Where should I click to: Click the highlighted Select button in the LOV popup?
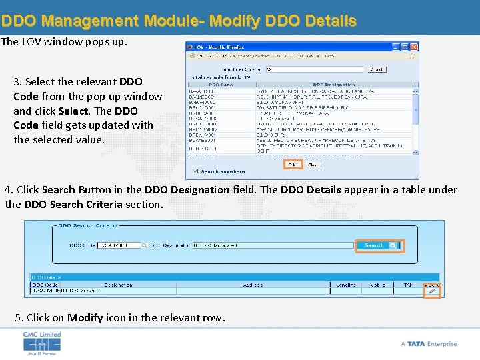tap(293, 164)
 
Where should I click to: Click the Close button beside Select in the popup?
tap(312, 164)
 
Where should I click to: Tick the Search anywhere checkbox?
tap(195, 171)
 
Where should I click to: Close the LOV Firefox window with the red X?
tap(414, 47)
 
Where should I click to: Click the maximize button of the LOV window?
tap(405, 47)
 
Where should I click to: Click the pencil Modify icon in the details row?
tap(432, 291)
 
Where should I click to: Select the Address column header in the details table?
tap(253, 285)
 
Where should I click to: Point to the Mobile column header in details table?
tap(378, 285)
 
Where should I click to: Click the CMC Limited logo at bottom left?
tap(42, 343)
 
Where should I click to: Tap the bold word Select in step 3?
tap(73, 111)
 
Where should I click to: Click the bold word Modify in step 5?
tap(85, 317)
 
